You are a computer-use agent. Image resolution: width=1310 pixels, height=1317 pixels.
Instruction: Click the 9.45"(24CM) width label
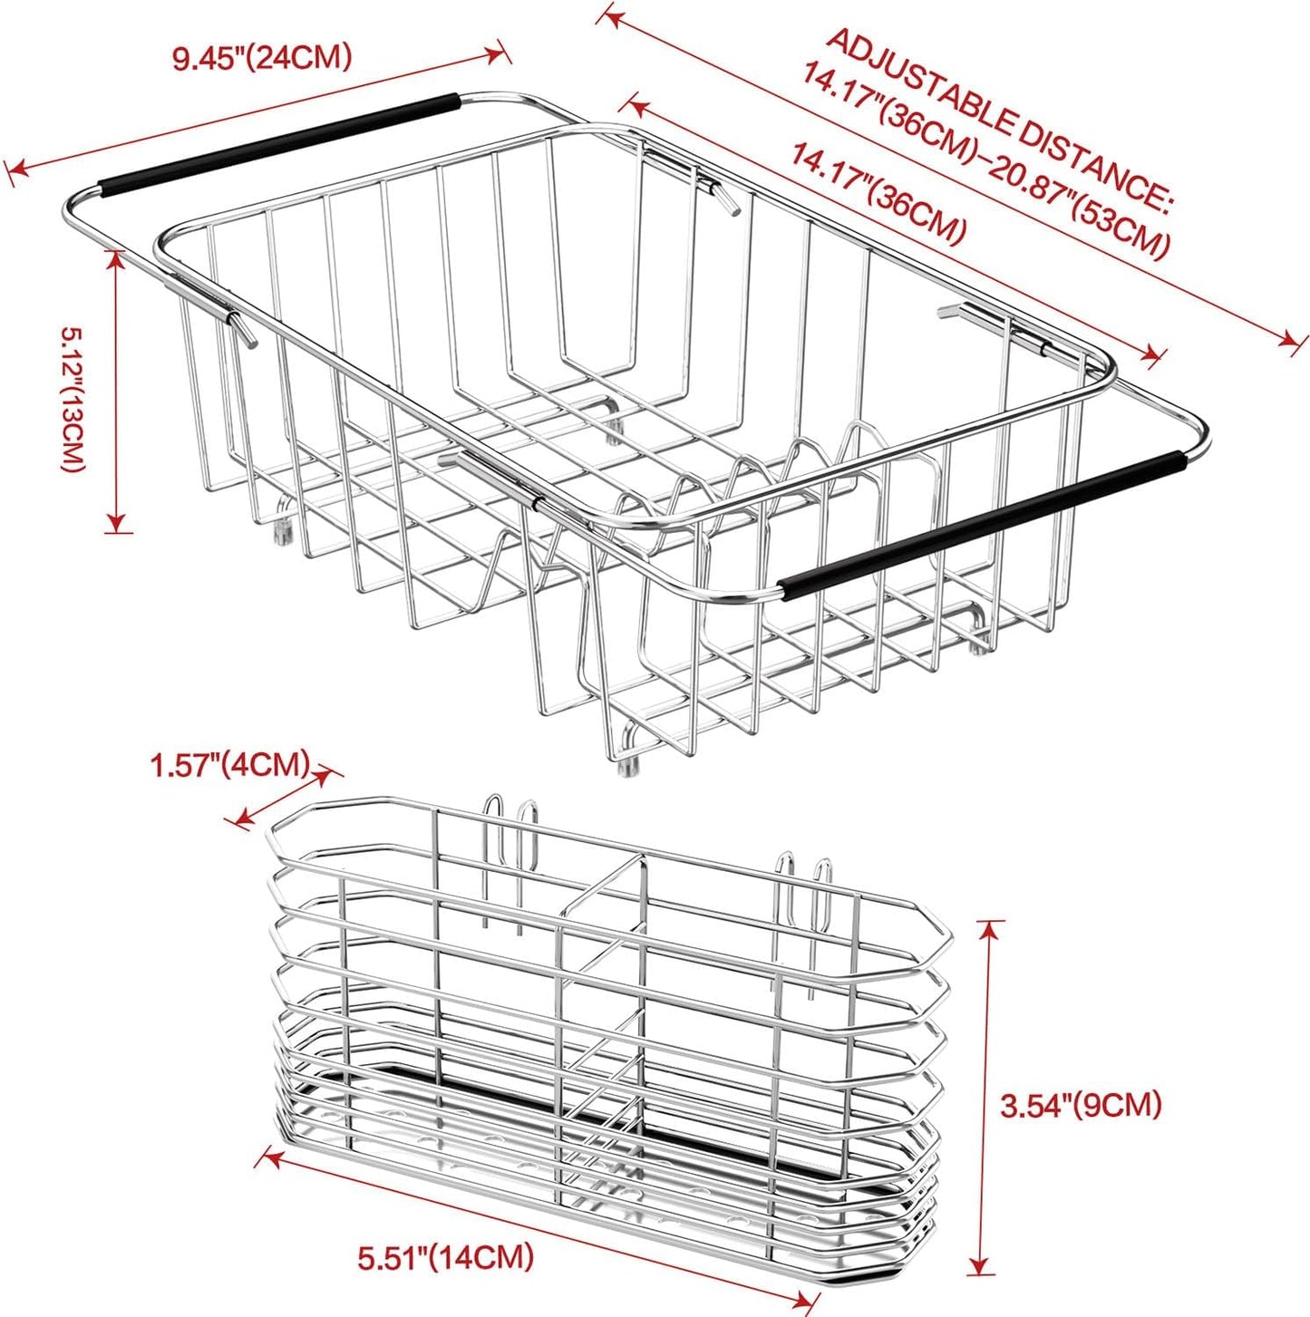[x=262, y=58]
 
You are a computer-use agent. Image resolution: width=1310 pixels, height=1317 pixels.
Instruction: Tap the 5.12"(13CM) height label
[x=73, y=400]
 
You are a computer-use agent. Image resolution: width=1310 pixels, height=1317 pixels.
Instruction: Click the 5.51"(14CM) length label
[x=445, y=1257]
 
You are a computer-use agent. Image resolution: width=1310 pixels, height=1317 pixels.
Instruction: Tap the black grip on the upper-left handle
[x=277, y=145]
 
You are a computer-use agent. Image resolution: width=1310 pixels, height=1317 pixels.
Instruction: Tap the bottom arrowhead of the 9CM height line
[x=977, y=1267]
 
